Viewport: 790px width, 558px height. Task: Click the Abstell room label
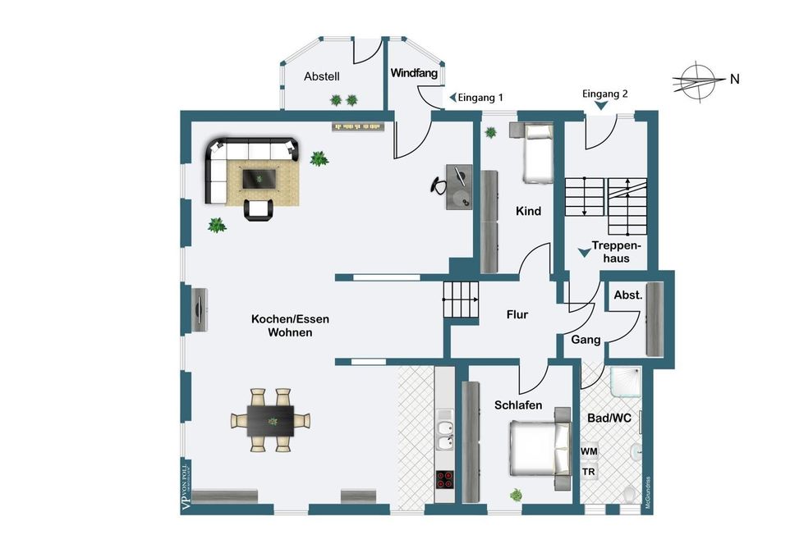tap(322, 76)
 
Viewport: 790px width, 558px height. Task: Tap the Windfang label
tap(414, 73)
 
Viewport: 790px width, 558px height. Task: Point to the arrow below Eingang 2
tap(602, 106)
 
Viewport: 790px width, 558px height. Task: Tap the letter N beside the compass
tap(735, 80)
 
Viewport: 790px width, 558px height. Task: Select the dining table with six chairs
tap(272, 419)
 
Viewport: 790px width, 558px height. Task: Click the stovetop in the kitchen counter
tap(444, 479)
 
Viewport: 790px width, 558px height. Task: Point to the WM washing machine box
tap(589, 452)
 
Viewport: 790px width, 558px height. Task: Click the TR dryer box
tap(589, 473)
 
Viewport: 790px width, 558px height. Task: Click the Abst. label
tap(627, 295)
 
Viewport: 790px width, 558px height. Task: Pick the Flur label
tap(517, 314)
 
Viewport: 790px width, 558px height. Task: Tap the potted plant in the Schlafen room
tap(516, 495)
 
